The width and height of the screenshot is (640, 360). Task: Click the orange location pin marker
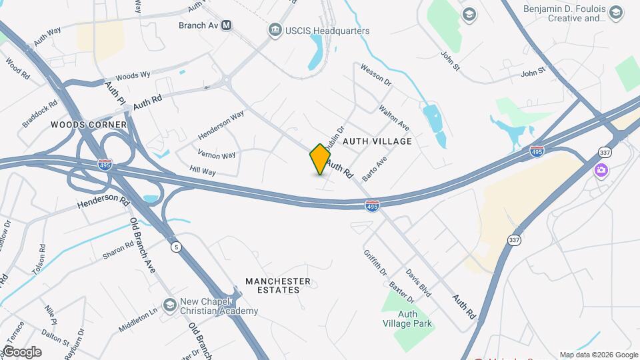[x=320, y=159]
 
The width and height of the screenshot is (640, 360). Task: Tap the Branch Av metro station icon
[x=227, y=25]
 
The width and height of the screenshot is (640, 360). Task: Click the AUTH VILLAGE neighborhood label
[x=377, y=141]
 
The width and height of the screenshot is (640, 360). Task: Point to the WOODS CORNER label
[x=89, y=125]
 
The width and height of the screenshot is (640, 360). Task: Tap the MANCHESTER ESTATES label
[x=278, y=285]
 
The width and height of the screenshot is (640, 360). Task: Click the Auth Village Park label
[x=416, y=319]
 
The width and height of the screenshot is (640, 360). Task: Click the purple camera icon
[x=601, y=170]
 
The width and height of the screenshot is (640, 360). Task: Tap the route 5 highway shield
[x=176, y=247]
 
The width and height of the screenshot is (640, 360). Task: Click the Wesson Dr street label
[x=376, y=73]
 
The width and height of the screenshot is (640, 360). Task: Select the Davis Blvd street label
[x=419, y=283]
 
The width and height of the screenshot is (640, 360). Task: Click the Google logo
[x=22, y=352]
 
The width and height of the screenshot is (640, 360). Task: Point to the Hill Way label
[x=203, y=171]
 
